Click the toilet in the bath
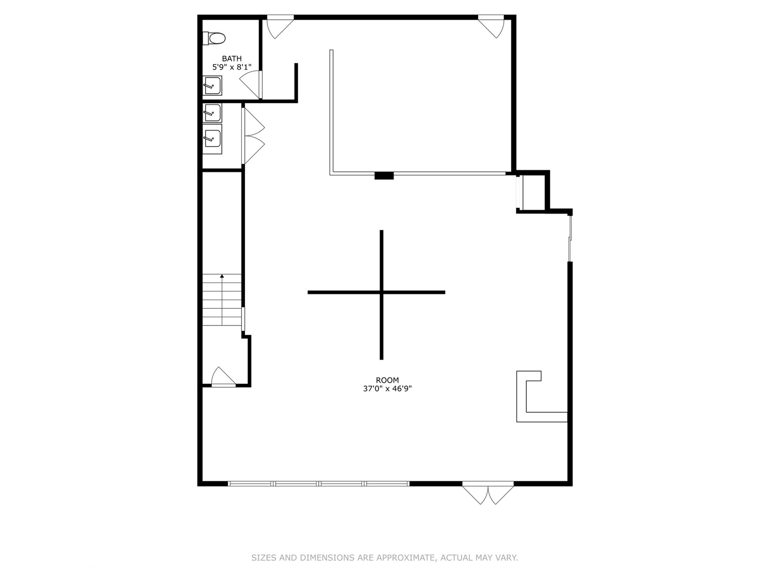coord(214,38)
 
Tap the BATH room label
coord(232,59)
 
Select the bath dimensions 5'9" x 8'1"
coord(232,67)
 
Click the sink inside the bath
coord(212,86)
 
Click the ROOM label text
coord(387,380)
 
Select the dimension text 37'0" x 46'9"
coord(387,389)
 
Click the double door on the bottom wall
coord(488,493)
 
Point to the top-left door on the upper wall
coord(280,27)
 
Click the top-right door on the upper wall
coord(491,26)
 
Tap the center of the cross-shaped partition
coord(381,292)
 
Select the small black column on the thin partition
coord(384,176)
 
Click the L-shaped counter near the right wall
coord(521,397)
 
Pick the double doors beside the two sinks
coord(253,136)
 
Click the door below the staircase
coord(224,377)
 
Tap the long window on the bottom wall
coord(319,484)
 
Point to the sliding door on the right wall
coord(570,239)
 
